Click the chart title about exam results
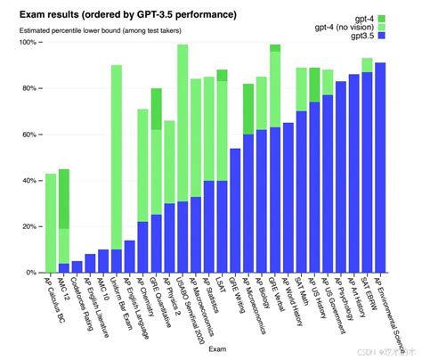pos(128,15)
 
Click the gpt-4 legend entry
pos(365,18)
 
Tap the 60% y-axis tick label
pos(28,135)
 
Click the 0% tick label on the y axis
pos(30,272)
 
